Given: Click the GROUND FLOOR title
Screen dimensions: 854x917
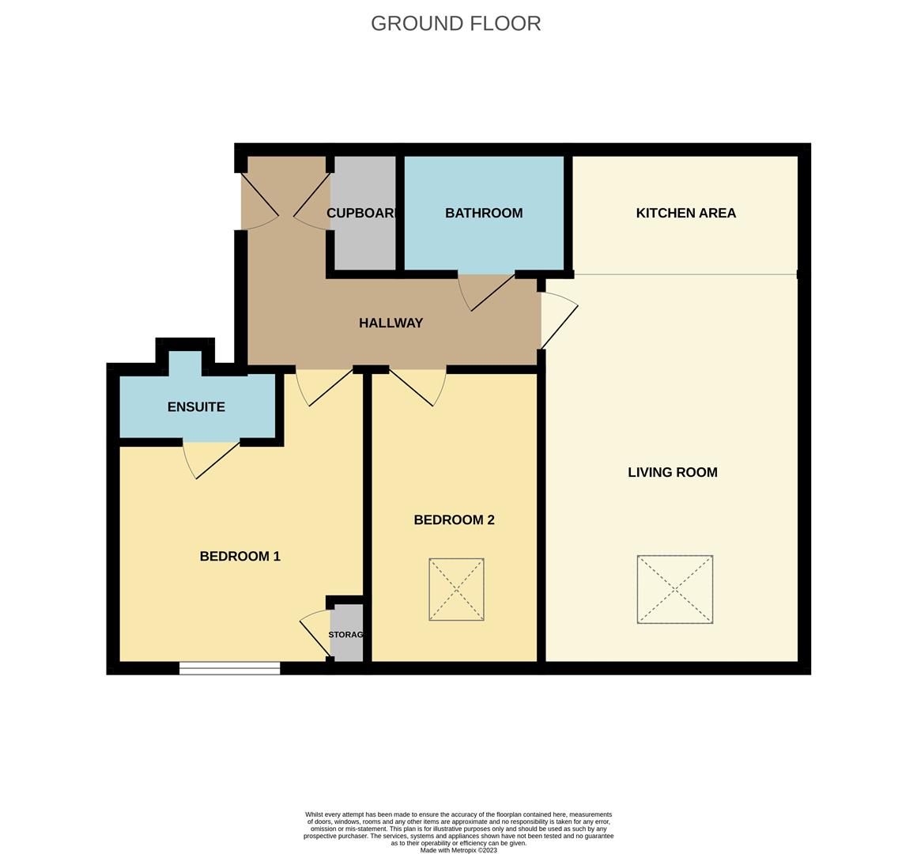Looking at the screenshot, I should click(455, 24).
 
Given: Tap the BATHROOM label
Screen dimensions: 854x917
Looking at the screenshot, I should click(484, 213).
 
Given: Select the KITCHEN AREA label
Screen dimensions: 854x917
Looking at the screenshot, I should click(685, 213).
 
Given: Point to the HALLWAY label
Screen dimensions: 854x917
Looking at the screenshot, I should click(391, 323).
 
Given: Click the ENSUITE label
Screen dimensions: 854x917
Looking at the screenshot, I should click(196, 406).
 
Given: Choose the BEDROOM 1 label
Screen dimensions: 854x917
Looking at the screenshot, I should click(240, 556).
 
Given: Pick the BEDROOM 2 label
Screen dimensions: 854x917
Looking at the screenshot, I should click(454, 520).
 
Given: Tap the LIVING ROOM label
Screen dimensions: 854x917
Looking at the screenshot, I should click(672, 472).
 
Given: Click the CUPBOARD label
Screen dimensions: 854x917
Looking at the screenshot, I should click(361, 213).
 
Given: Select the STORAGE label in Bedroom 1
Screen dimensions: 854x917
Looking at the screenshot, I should click(346, 634).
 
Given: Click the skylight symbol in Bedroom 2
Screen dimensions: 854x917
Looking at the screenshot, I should click(456, 589).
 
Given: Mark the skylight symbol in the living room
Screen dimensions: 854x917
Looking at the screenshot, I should click(674, 589).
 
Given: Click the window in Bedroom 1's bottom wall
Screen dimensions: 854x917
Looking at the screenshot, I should click(229, 668).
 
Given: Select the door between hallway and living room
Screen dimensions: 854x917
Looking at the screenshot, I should click(559, 320).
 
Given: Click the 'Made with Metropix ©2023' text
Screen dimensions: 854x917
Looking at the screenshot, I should click(458, 850).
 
